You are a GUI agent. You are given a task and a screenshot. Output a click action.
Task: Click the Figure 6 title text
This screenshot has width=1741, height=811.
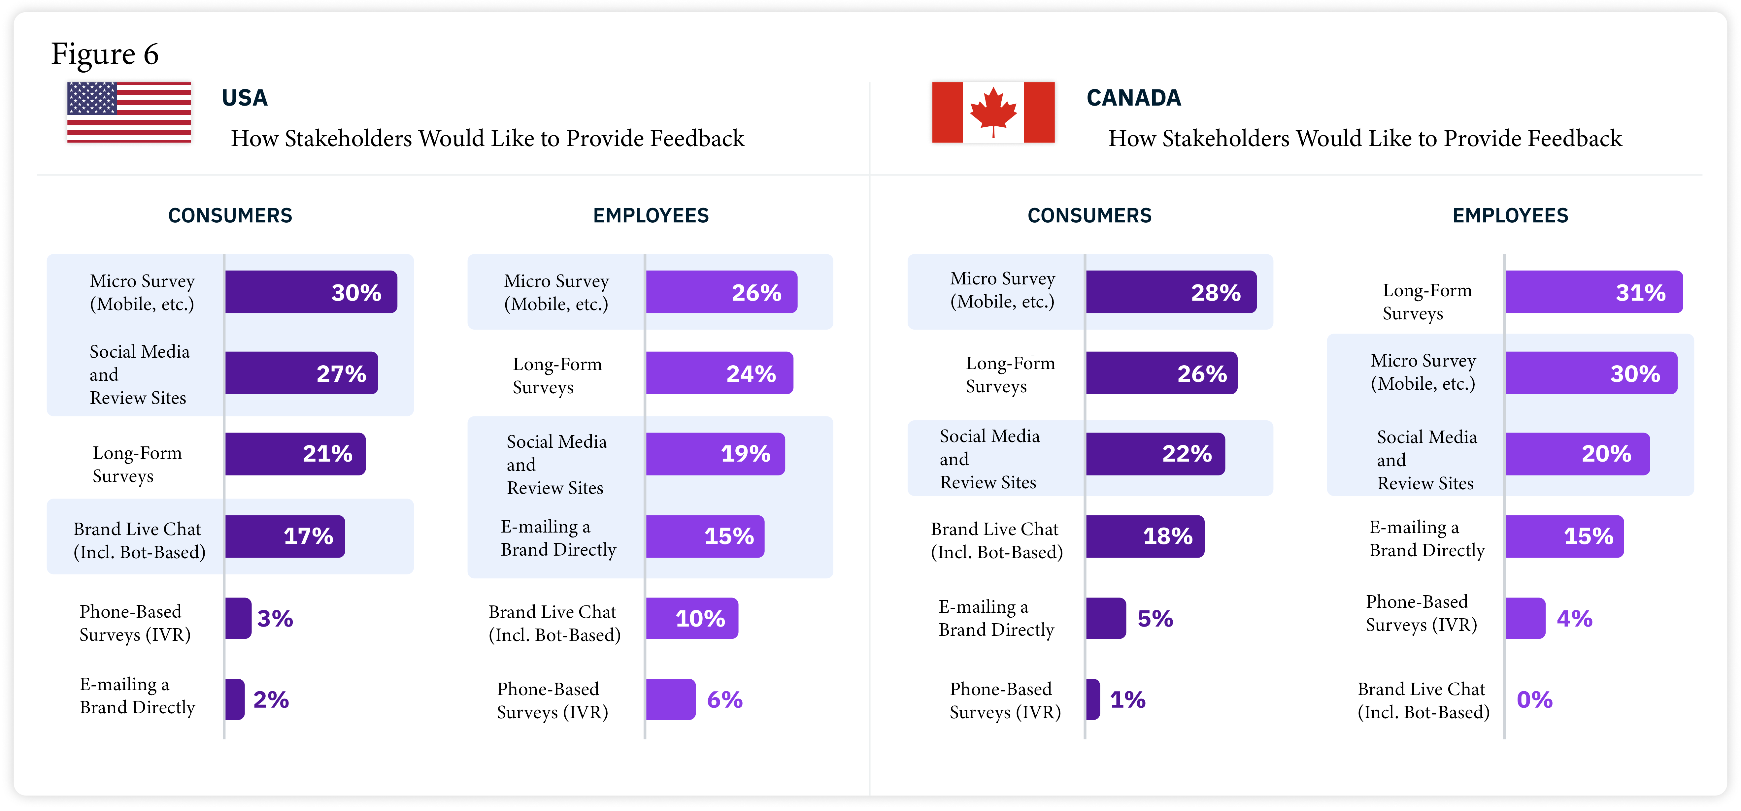click(105, 54)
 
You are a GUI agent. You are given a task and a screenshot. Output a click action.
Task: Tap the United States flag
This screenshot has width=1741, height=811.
click(129, 112)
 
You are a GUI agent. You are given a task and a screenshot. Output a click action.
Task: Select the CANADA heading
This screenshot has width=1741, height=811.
click(1133, 98)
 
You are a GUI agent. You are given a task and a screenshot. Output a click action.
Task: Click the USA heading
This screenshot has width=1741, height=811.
click(245, 98)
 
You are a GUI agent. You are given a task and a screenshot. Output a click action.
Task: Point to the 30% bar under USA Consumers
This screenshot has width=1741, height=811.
click(311, 292)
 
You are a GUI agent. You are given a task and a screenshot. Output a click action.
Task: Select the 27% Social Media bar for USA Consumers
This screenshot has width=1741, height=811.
click(301, 373)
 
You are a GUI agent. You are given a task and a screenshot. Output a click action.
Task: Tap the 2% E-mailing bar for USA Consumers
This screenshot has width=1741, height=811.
click(235, 699)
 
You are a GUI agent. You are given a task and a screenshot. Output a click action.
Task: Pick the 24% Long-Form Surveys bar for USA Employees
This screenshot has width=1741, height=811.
click(719, 373)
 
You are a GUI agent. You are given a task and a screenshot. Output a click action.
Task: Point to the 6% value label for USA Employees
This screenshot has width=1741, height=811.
click(724, 699)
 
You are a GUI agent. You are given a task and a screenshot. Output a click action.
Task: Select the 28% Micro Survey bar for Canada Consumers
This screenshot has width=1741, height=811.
click(1171, 292)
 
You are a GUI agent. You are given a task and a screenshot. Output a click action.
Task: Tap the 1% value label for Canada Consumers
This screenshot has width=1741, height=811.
click(1127, 699)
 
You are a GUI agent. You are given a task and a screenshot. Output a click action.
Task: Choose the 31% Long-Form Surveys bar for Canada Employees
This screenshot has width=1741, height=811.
click(1594, 292)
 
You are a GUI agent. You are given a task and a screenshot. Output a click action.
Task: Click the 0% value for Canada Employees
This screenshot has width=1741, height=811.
click(1534, 699)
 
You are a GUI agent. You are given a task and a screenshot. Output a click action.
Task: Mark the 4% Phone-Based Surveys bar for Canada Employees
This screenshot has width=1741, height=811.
click(1525, 618)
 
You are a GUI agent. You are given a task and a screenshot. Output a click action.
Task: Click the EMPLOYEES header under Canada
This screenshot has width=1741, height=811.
click(1510, 215)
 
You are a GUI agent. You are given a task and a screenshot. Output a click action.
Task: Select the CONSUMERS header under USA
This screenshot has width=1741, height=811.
click(230, 215)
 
